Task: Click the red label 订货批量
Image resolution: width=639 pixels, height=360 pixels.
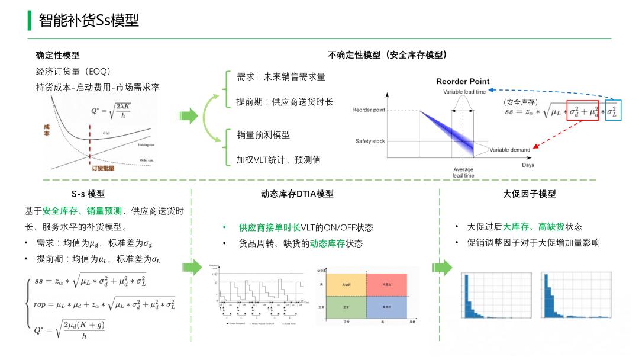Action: [x=103, y=168]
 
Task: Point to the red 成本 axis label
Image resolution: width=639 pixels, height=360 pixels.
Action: [x=47, y=130]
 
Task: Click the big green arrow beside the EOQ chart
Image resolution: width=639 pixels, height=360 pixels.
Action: [x=189, y=116]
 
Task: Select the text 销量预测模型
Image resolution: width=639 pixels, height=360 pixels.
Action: [x=263, y=135]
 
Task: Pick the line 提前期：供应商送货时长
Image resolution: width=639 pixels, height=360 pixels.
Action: [x=285, y=102]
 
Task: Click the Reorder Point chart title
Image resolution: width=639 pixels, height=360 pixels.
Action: [x=463, y=82]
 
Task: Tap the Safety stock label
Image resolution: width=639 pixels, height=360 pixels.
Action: [x=370, y=141]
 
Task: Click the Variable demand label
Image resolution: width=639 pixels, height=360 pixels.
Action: [x=510, y=150]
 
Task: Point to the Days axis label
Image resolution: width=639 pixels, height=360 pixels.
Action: [x=528, y=165]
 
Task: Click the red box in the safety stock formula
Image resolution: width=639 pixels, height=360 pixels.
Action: [x=582, y=111]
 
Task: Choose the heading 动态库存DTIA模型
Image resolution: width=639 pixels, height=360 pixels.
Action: [x=297, y=194]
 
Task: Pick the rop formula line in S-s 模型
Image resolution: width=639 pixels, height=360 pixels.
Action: [x=104, y=304]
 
